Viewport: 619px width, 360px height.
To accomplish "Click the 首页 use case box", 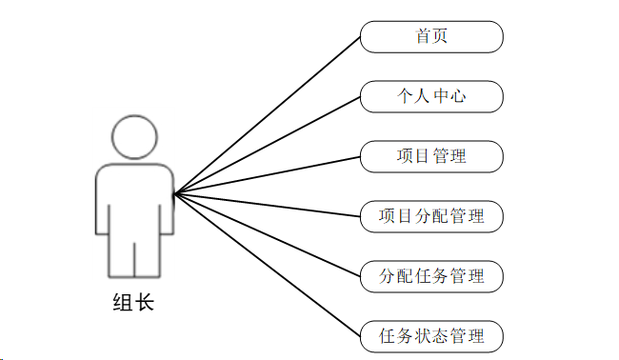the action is pyautogui.click(x=431, y=37).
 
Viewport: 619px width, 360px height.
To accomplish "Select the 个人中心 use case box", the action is pyautogui.click(x=431, y=97).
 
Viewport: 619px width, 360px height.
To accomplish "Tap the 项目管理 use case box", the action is pyautogui.click(x=431, y=157).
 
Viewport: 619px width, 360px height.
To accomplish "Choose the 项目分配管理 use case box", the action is pyautogui.click(x=431, y=217).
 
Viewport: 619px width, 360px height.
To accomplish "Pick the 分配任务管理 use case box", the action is pyautogui.click(x=431, y=277).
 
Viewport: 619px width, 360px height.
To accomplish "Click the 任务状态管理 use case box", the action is pyautogui.click(x=431, y=337).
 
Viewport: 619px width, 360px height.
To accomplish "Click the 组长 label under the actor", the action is pyautogui.click(x=133, y=303).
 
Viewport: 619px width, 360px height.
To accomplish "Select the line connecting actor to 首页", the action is pyautogui.click(x=268, y=115).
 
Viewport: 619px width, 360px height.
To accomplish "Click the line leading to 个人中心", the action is pyautogui.click(x=268, y=146).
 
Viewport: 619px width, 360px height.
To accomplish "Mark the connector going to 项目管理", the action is pyautogui.click(x=268, y=175).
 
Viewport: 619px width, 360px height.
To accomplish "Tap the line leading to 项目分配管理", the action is pyautogui.click(x=268, y=205).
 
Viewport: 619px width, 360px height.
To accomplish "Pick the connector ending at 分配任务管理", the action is pyautogui.click(x=268, y=235).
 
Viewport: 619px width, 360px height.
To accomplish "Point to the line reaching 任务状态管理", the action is pyautogui.click(x=268, y=265).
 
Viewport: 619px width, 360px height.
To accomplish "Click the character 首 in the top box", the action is pyautogui.click(x=423, y=36).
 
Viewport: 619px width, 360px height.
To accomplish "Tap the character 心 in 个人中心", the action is pyautogui.click(x=458, y=96).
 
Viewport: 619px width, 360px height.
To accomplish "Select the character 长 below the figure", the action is pyautogui.click(x=145, y=303).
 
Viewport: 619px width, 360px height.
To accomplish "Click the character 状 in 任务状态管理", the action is pyautogui.click(x=423, y=336).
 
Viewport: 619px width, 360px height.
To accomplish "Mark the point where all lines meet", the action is pyautogui.click(x=174, y=193).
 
